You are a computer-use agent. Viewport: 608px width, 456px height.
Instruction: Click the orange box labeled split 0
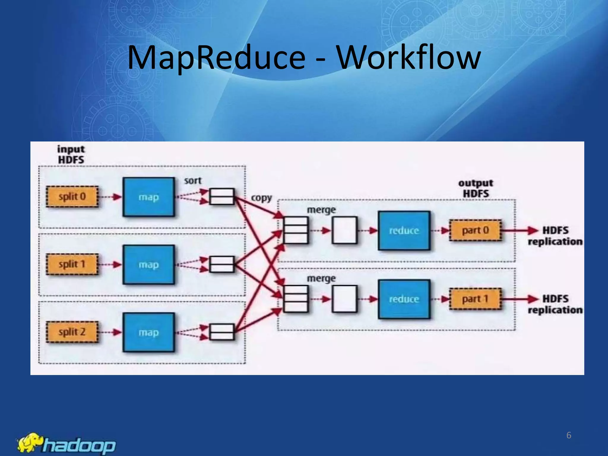point(72,197)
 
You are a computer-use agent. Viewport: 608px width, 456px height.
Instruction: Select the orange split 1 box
point(72,264)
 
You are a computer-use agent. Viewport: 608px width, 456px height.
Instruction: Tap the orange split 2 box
point(72,332)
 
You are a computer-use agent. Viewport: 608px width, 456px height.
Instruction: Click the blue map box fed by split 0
point(149,197)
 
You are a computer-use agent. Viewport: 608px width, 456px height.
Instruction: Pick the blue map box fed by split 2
point(149,332)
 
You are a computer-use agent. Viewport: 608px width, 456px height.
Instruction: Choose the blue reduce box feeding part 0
point(404,230)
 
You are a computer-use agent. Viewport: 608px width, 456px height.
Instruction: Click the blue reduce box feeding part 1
point(404,299)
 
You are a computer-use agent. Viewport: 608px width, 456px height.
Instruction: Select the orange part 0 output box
point(475,230)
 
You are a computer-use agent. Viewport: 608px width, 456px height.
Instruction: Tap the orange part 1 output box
point(475,299)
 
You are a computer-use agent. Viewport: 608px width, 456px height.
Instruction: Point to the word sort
point(193,180)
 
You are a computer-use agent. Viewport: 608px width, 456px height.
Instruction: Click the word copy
point(262,198)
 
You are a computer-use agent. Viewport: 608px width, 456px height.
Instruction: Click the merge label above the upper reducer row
point(321,210)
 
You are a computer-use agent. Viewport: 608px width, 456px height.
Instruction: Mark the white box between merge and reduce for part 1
point(344,299)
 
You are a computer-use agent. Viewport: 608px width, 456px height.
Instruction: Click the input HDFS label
point(71,154)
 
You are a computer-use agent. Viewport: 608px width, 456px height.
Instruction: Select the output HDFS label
point(476,188)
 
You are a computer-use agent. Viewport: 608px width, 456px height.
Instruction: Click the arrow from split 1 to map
point(110,264)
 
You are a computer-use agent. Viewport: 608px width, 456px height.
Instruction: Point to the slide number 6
point(569,435)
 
